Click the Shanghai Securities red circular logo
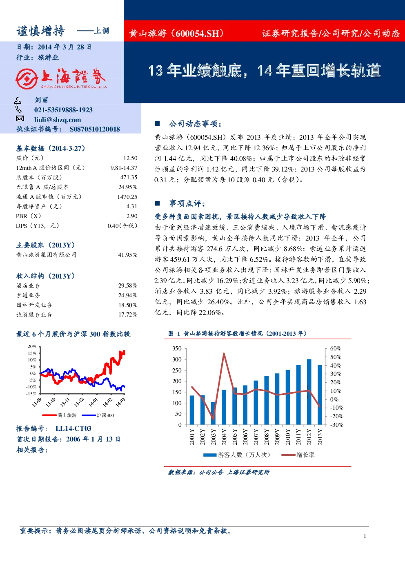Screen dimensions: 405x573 pyautogui.click(x=27, y=78)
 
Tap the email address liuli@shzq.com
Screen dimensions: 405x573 pyautogui.click(x=58, y=120)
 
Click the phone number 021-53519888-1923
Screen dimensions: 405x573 pyautogui.click(x=63, y=110)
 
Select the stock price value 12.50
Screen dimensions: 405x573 pyautogui.click(x=130, y=158)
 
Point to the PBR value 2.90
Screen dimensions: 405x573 pyautogui.click(x=132, y=216)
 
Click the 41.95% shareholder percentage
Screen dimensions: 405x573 pyautogui.click(x=128, y=255)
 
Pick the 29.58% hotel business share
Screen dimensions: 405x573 pyautogui.click(x=128, y=285)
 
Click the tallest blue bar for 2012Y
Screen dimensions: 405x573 pyautogui.click(x=309, y=392)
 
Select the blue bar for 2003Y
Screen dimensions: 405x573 pyautogui.click(x=213, y=414)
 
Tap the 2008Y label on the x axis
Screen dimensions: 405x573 pyautogui.click(x=267, y=437)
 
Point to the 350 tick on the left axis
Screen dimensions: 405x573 pyautogui.click(x=177, y=348)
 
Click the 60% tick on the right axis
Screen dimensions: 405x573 pyautogui.click(x=336, y=348)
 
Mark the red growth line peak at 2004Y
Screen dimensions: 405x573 pyautogui.click(x=224, y=354)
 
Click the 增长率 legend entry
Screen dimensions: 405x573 pyautogui.click(x=298, y=455)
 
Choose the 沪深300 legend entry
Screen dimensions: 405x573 pyautogui.click(x=98, y=415)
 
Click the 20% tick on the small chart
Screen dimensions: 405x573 pyautogui.click(x=32, y=346)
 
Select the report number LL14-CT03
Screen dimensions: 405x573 pyautogui.click(x=73, y=428)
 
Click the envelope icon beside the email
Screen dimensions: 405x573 pyautogui.click(x=20, y=119)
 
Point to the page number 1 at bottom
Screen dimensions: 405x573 pyautogui.click(x=365, y=536)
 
